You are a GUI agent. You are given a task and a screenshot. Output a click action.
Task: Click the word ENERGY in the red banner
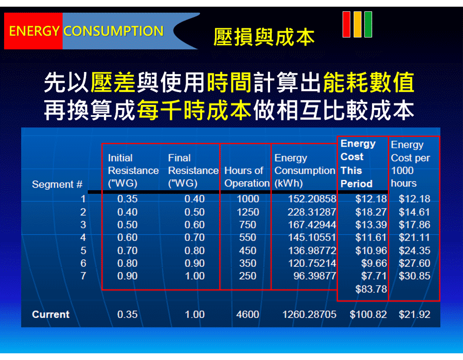pyautogui.click(x=34, y=31)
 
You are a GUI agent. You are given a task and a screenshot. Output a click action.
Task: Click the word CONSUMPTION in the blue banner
pyautogui.click(x=113, y=31)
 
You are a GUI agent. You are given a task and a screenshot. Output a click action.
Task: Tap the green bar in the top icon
pyautogui.click(x=368, y=25)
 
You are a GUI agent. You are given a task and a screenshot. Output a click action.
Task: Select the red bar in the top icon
pyautogui.click(x=346, y=25)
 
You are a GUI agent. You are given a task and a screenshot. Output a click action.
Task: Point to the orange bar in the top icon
pyautogui.click(x=358, y=25)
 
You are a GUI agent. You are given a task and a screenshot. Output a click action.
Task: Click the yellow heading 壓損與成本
pyautogui.click(x=264, y=37)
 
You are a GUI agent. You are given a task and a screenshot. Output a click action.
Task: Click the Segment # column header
pyautogui.click(x=57, y=185)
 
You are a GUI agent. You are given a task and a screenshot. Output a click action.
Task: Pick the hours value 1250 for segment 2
pyautogui.click(x=248, y=212)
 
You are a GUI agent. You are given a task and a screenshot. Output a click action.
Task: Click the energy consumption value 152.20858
pyautogui.click(x=312, y=199)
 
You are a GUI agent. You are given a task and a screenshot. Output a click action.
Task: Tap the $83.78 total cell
pyautogui.click(x=371, y=289)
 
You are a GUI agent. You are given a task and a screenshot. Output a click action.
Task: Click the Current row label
pyautogui.click(x=51, y=314)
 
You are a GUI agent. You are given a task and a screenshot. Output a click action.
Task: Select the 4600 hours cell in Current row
pyautogui.click(x=247, y=314)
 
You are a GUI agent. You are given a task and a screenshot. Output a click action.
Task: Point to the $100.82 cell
pyautogui.click(x=368, y=314)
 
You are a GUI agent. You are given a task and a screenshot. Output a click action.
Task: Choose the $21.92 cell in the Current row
pyautogui.click(x=414, y=314)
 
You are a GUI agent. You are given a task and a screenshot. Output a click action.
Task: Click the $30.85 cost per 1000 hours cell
pyautogui.click(x=414, y=276)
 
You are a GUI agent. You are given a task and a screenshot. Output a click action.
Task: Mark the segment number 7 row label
pyautogui.click(x=83, y=276)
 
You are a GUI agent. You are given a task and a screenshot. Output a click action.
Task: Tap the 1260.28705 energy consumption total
pyautogui.click(x=309, y=314)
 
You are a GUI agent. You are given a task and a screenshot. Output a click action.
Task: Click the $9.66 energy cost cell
pyautogui.click(x=374, y=263)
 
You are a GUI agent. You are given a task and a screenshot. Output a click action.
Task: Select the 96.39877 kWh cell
pyautogui.click(x=314, y=276)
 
